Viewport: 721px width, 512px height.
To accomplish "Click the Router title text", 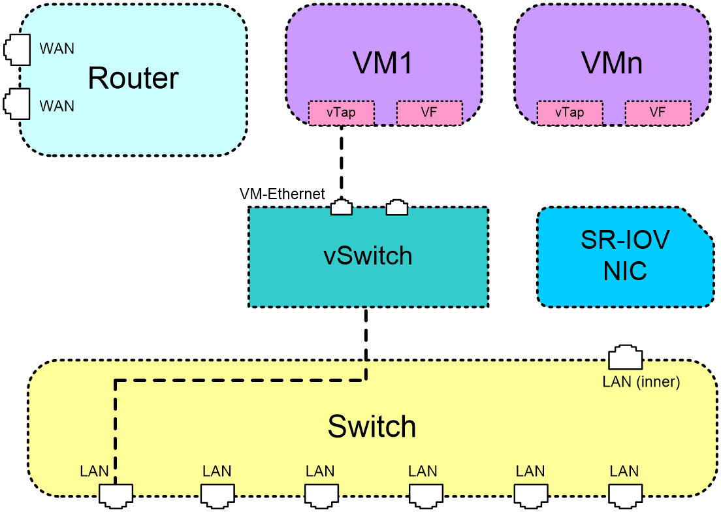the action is [133, 78].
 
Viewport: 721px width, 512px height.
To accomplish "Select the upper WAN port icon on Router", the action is [17, 50].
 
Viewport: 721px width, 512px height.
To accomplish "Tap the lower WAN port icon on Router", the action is [17, 104].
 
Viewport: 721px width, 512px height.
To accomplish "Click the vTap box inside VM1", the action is [341, 112].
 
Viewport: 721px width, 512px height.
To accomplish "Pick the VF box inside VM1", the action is [429, 112].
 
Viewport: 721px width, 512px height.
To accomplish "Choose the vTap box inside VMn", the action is [569, 112].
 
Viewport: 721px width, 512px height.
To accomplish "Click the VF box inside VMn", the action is [658, 112].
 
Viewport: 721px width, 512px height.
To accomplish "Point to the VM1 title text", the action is [383, 63].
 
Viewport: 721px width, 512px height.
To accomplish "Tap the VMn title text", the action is [611, 63].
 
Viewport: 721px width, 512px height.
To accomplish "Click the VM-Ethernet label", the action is [282, 194].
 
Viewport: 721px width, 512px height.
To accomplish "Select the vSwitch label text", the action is [368, 255].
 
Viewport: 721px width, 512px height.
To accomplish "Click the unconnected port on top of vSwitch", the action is [396, 207].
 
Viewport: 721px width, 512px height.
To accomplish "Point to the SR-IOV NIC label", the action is [626, 255].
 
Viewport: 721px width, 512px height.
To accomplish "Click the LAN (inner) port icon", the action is [626, 357].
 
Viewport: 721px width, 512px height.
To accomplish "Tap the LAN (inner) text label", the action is [641, 382].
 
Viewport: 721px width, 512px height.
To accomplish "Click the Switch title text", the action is [372, 426].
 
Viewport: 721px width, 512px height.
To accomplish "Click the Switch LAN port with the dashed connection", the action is [116, 496].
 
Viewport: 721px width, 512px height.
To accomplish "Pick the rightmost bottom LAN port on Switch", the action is [626, 496].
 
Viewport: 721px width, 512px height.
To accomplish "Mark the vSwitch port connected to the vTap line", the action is [341, 207].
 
